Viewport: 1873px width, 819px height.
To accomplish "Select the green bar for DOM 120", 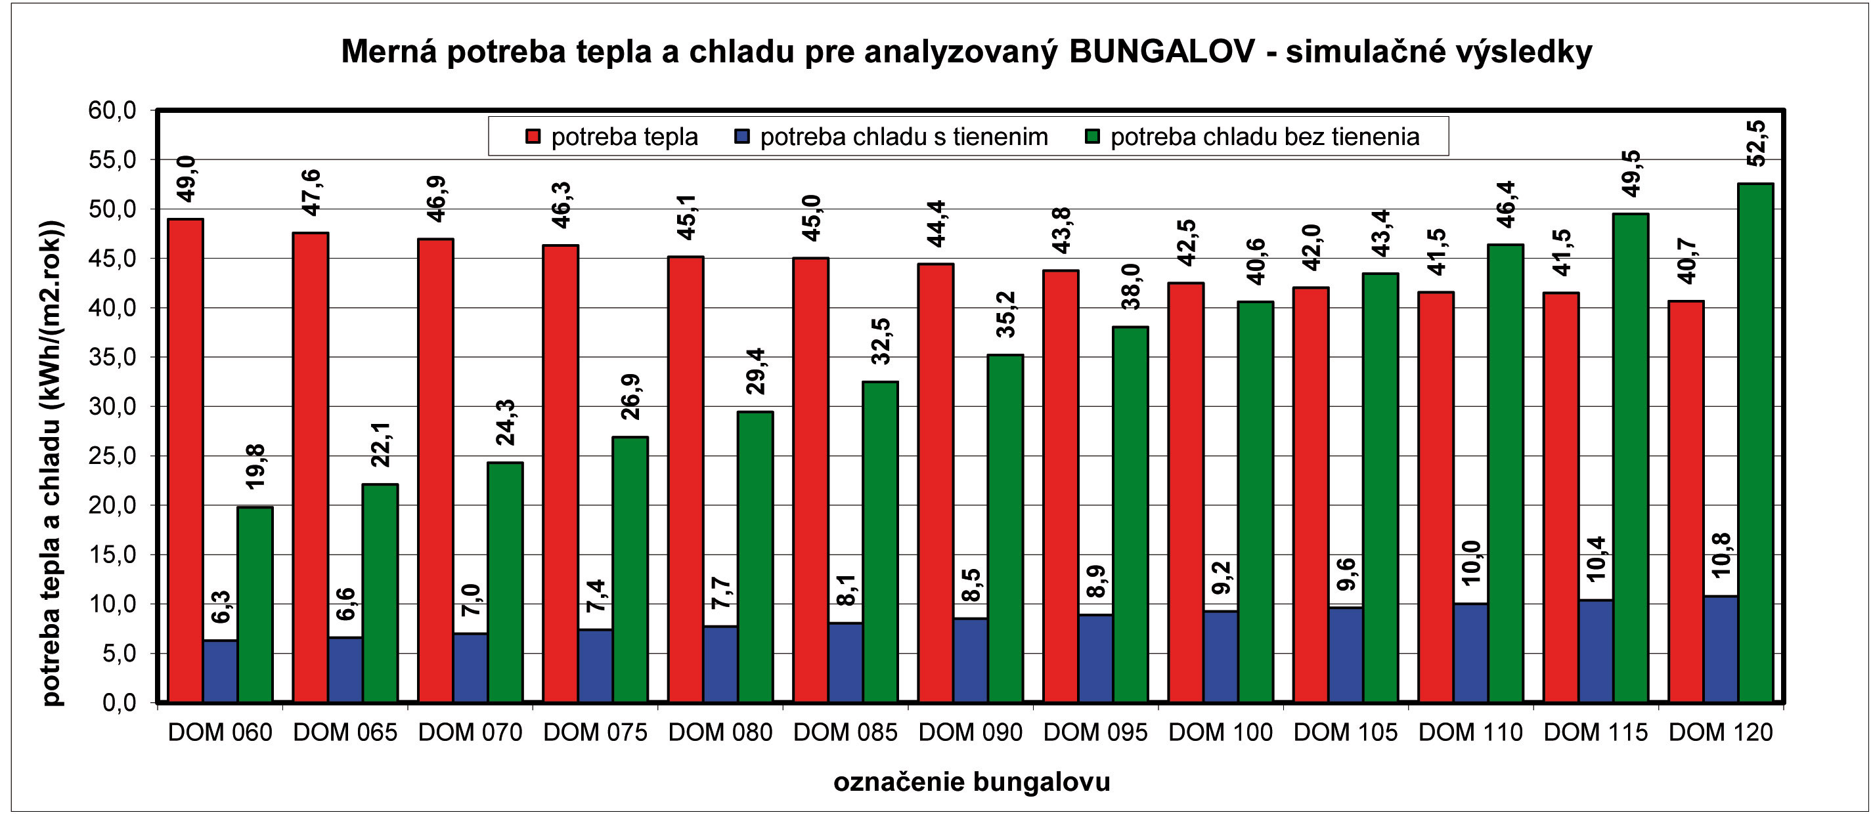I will coord(1755,442).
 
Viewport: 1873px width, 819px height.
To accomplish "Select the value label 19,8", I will coord(255,466).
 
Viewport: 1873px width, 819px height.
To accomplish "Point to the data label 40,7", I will coord(1686,262).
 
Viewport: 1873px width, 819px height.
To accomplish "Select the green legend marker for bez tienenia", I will coord(1091,136).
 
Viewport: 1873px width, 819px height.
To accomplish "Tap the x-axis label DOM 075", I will coord(595,732).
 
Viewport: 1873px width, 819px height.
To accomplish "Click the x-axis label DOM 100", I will coord(1220,732).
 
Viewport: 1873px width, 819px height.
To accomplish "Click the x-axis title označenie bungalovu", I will coord(971,783).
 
